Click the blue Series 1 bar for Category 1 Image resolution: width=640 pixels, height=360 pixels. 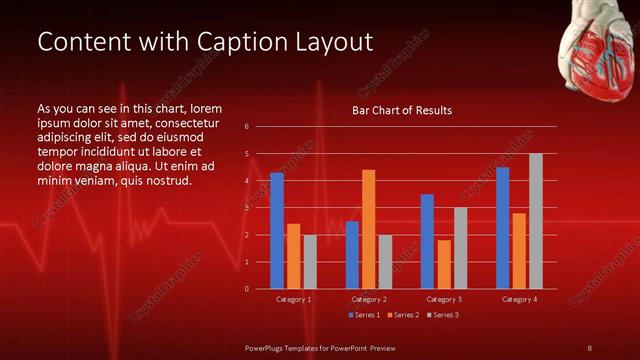tap(277, 231)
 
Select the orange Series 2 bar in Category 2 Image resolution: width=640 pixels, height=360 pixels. tap(369, 229)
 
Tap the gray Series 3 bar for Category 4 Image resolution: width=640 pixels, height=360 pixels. tap(536, 221)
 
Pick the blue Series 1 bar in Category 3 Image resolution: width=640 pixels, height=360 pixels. tap(427, 241)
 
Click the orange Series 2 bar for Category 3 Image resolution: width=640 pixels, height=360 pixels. tap(444, 264)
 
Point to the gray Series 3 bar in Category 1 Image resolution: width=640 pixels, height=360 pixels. tap(310, 262)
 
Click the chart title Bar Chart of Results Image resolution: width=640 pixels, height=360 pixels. tap(402, 110)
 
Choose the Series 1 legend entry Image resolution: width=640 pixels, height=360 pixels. tap(365, 315)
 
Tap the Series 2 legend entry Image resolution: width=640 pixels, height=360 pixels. tap(403, 315)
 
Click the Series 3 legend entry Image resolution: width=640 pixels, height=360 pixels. tap(442, 315)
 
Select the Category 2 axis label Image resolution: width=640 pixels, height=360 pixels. tap(368, 299)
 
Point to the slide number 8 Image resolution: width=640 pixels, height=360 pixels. tap(590, 347)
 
